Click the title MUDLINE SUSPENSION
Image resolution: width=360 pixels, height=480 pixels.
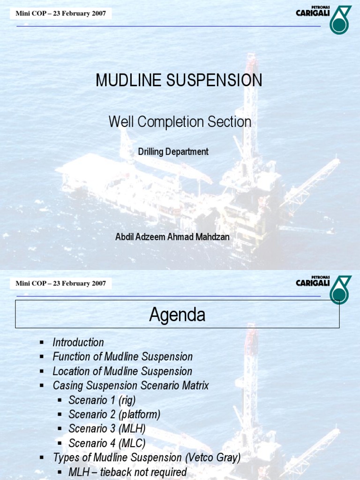coord(179,81)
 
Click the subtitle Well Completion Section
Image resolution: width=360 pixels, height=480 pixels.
coord(180,122)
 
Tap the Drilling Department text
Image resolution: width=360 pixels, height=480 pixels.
coord(173,152)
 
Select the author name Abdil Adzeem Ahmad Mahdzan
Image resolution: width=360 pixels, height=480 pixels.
coord(172,237)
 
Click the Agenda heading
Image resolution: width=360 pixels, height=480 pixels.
coord(177,315)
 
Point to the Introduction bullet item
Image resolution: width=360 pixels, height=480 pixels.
coord(78,343)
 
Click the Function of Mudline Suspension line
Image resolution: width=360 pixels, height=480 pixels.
coord(122,357)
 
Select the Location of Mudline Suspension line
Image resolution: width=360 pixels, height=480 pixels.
coord(122,371)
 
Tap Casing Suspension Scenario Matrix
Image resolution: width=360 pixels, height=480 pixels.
coord(131,386)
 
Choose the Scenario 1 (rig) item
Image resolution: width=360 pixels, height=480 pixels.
coord(102,400)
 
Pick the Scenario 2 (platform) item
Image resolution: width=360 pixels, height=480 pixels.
coord(114,414)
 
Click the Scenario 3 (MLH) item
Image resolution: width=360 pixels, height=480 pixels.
coord(107,429)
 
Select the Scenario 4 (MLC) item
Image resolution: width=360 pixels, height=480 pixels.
coord(107,443)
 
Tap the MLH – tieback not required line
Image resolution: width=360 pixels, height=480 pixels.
coord(127,472)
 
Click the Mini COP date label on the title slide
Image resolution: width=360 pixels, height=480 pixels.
coord(60,13)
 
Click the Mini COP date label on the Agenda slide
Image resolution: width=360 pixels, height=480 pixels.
coord(60,283)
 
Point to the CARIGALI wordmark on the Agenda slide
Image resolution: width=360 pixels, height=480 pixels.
coord(313,283)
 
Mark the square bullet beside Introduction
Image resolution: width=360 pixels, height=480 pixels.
coord(42,343)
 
